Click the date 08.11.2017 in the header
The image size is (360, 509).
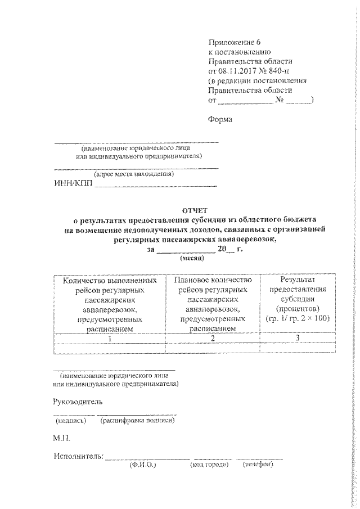tap(237, 71)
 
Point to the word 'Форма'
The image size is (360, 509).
tap(220, 119)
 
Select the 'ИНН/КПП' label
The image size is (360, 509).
tap(72, 184)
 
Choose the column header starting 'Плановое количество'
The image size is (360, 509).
tap(213, 304)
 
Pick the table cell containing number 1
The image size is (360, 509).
tap(110, 339)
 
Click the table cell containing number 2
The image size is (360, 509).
tap(213, 339)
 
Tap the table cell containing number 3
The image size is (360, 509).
tap(298, 339)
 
